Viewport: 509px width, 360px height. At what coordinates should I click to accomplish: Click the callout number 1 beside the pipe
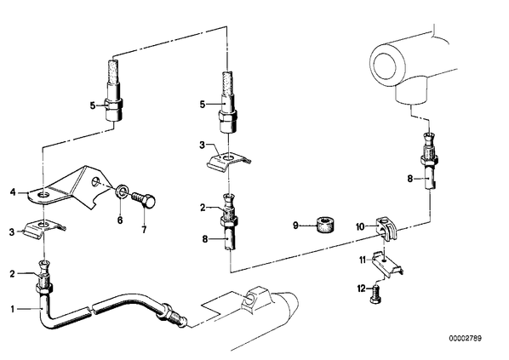[x=12, y=309]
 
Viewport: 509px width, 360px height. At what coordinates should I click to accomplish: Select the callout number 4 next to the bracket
[x=13, y=192]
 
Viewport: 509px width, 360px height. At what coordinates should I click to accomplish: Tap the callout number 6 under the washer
[x=120, y=220]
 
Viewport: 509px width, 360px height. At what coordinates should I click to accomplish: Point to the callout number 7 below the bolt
[x=144, y=230]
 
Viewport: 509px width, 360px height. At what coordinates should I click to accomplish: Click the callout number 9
[x=295, y=225]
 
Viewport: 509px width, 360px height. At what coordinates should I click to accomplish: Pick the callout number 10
[x=361, y=227]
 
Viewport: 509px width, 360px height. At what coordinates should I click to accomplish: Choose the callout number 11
[x=363, y=260]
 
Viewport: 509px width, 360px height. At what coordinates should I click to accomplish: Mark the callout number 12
[x=361, y=289]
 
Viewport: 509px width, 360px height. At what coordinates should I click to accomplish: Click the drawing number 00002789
[x=466, y=338]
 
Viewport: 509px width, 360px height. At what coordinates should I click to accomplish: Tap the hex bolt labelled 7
[x=144, y=200]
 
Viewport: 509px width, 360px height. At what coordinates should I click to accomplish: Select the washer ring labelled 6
[x=121, y=191]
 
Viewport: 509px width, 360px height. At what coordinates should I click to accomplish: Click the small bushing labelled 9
[x=326, y=225]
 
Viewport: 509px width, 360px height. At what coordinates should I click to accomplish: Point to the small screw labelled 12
[x=375, y=294]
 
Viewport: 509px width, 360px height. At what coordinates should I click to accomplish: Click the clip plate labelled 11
[x=387, y=264]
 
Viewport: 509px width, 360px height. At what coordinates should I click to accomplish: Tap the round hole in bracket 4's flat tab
[x=43, y=195]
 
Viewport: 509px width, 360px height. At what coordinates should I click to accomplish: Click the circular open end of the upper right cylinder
[x=386, y=66]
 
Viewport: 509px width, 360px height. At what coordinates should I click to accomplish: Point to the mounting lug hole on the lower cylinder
[x=250, y=299]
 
